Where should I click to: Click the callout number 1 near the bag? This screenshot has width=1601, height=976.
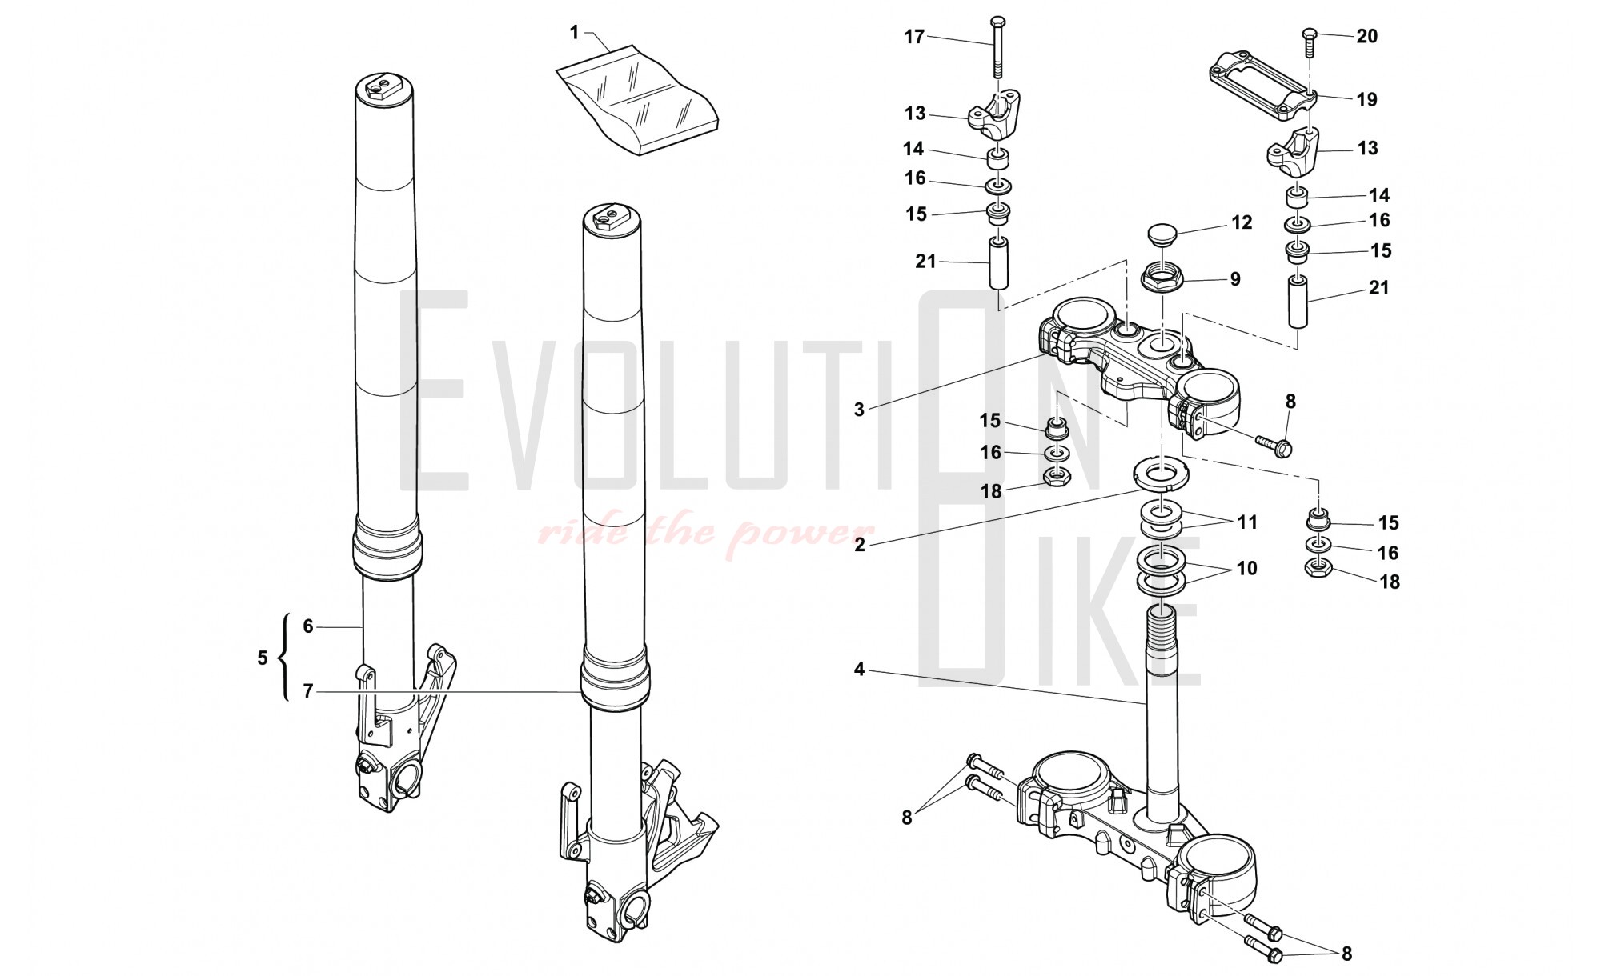[574, 33]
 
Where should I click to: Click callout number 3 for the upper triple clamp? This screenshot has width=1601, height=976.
[859, 410]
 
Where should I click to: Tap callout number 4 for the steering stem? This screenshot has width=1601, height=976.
[859, 669]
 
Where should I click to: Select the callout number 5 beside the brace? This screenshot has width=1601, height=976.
[263, 658]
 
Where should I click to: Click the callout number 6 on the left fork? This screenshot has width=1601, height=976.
[308, 626]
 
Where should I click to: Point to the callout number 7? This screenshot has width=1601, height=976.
[308, 691]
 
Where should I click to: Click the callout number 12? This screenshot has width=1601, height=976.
[1242, 222]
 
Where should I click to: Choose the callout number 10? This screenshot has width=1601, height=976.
[1247, 568]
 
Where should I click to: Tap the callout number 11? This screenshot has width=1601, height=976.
[1247, 522]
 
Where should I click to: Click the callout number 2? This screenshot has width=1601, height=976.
[859, 545]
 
